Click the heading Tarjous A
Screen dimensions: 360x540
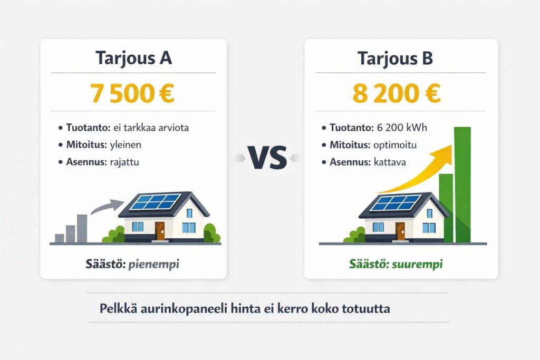pos(133,58)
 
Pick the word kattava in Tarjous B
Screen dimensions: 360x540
pos(390,162)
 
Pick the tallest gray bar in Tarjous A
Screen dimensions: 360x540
pos(82,228)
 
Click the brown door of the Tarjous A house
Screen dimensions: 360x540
pos(160,230)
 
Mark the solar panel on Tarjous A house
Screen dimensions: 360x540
pos(155,202)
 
